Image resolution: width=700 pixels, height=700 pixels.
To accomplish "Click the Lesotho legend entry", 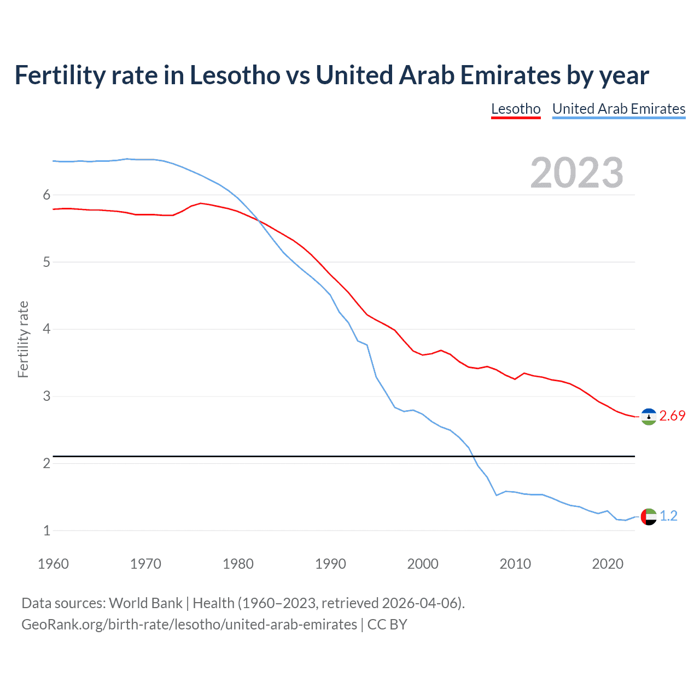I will (x=516, y=109).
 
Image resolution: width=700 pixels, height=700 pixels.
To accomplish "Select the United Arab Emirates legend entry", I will (x=619, y=109).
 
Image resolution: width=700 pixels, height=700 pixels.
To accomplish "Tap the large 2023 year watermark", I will (x=576, y=173).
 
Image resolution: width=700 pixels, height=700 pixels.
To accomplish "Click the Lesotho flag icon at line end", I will (x=649, y=417).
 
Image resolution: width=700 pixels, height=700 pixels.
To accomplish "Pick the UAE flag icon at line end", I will (x=649, y=516).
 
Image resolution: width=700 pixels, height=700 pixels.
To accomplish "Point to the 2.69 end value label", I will (x=672, y=416).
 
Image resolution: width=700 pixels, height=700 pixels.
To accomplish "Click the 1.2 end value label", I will (x=668, y=516).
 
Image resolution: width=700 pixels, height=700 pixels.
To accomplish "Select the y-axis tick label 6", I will (x=46, y=195).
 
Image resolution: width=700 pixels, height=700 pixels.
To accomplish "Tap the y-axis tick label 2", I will (x=46, y=463).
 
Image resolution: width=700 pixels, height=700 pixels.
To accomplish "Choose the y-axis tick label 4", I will (x=46, y=329).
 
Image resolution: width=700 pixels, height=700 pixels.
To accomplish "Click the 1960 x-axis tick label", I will (x=53, y=564).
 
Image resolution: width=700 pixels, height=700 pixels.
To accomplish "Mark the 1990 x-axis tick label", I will (x=330, y=564).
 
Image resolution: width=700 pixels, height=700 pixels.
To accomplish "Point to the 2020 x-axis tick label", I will (x=608, y=564).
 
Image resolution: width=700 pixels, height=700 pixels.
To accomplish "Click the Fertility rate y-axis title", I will (x=23, y=339).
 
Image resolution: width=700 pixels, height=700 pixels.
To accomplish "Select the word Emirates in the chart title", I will (x=510, y=75).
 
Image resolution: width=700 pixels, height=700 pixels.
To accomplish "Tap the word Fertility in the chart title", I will (x=60, y=75).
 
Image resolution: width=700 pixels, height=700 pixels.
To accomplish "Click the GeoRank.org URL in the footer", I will (x=189, y=625).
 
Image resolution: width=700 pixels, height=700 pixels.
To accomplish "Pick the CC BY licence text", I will (x=387, y=625).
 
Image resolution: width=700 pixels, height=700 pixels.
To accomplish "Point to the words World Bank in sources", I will (x=145, y=603).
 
